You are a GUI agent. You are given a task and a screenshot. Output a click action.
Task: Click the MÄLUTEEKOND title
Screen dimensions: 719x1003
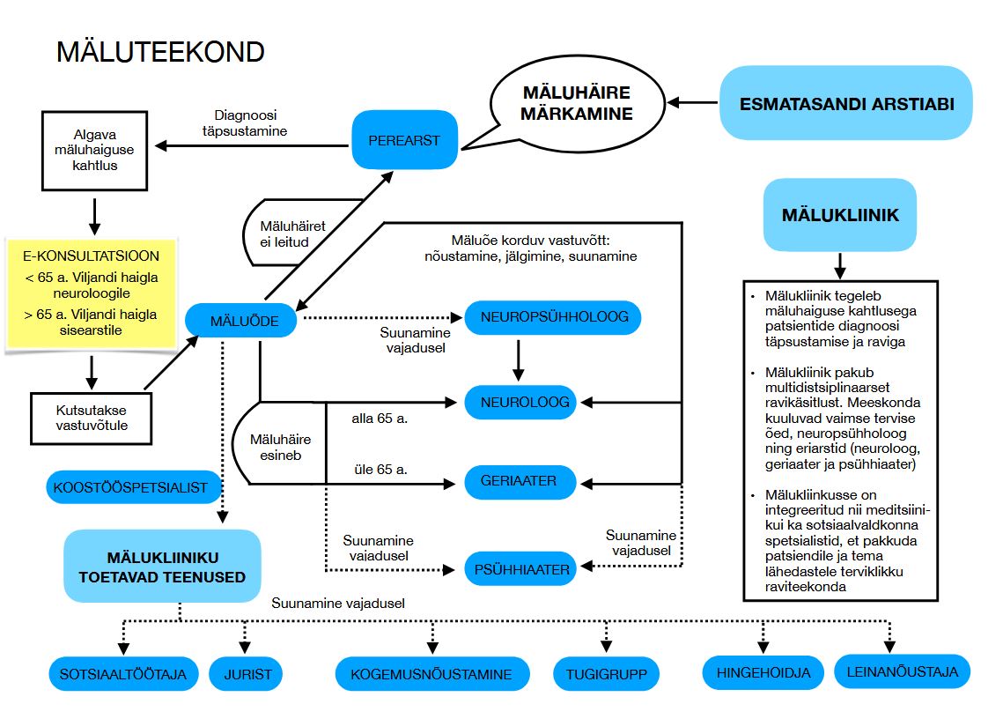pyautogui.click(x=160, y=51)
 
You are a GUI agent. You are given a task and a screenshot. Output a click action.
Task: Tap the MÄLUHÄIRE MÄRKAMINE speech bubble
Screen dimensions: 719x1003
pyautogui.click(x=577, y=103)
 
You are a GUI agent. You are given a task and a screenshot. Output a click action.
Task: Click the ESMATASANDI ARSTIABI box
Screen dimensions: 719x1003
pyautogui.click(x=845, y=103)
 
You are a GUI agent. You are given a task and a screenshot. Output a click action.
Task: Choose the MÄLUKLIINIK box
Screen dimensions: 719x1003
pyautogui.click(x=840, y=215)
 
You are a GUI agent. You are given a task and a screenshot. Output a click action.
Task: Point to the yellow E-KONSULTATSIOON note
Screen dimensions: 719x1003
pyautogui.click(x=91, y=293)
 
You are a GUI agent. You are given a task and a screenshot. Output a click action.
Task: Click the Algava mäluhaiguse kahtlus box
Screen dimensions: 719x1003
pyautogui.click(x=92, y=150)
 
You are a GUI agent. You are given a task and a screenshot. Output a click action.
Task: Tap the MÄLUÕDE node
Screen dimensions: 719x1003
pyautogui.click(x=240, y=321)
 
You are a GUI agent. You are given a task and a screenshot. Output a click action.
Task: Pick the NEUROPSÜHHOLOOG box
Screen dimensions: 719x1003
pyautogui.click(x=553, y=317)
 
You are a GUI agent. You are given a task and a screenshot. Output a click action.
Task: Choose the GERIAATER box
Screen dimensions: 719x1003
pyautogui.click(x=520, y=482)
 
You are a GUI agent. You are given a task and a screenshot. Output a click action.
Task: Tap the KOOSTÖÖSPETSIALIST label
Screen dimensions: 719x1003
pyautogui.click(x=130, y=487)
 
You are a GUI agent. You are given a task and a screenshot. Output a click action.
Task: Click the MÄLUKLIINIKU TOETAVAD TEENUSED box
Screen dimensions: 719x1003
pyautogui.click(x=162, y=567)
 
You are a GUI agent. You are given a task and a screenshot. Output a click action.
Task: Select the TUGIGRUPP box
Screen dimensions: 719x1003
pyautogui.click(x=606, y=675)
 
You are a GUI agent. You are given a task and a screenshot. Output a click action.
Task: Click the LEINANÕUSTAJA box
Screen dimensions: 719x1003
pyautogui.click(x=902, y=671)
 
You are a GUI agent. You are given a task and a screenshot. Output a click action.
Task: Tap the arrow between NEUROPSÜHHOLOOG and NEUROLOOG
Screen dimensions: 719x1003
pyautogui.click(x=519, y=359)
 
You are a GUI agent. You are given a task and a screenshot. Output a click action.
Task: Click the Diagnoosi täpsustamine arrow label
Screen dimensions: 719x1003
pyautogui.click(x=250, y=122)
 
